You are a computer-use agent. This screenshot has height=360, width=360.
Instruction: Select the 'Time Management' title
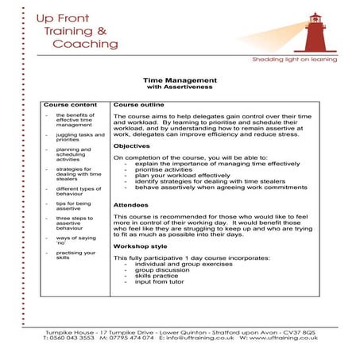click(x=180, y=80)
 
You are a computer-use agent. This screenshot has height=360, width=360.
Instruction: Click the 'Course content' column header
click(x=70, y=104)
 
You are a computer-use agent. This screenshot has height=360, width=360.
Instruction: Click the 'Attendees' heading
click(x=130, y=205)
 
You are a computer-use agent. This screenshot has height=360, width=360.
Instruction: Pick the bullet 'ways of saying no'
click(x=75, y=240)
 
